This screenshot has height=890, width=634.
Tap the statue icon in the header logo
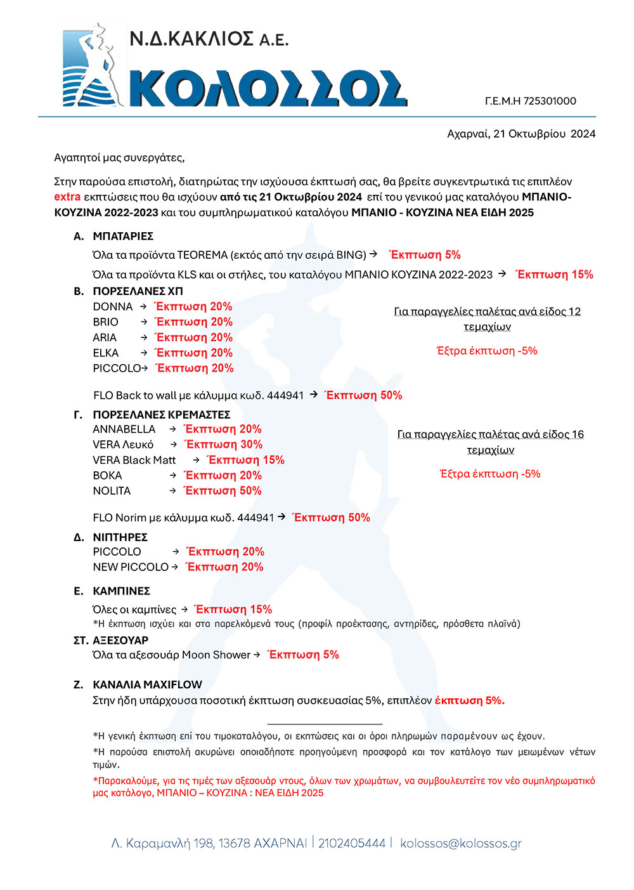point(91,65)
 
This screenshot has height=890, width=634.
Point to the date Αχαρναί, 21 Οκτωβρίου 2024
point(521,134)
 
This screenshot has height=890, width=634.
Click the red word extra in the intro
point(67,197)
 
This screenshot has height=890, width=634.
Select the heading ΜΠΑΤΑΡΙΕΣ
point(123,236)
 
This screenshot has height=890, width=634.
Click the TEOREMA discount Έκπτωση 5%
point(425,255)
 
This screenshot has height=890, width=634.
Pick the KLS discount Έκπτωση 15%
point(555,275)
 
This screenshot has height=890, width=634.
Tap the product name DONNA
point(113,306)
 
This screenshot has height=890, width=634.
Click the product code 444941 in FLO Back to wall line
point(285,395)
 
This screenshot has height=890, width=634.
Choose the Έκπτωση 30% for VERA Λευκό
point(223,445)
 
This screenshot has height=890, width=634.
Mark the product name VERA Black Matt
point(134,460)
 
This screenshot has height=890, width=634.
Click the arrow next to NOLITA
point(172,490)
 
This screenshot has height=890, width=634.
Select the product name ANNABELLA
point(124,429)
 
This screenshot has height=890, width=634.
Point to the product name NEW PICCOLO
point(131,567)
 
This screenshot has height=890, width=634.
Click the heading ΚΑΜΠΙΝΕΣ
point(121,591)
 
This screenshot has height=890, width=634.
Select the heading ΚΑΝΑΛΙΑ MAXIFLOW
point(147,685)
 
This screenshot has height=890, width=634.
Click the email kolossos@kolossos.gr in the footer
point(461,843)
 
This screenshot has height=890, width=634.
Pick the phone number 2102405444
point(352,843)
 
